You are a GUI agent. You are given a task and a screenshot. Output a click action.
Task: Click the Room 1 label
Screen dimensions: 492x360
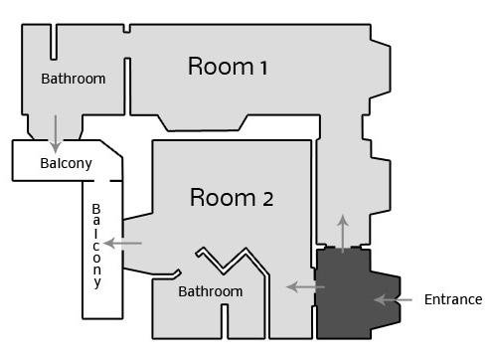228,67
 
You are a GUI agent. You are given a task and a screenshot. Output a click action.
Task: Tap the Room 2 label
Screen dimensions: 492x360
232,198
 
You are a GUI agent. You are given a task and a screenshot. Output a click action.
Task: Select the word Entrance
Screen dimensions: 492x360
453,299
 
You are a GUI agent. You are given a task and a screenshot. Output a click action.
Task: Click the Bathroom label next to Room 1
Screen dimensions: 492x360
74,79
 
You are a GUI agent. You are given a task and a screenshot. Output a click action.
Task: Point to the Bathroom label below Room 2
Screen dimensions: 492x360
211,291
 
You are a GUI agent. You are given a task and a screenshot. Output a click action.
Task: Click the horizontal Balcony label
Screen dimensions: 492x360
66,163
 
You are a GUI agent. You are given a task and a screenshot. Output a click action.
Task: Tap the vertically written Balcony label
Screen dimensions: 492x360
96,246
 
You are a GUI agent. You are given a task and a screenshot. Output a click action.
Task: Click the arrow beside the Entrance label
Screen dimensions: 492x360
393,300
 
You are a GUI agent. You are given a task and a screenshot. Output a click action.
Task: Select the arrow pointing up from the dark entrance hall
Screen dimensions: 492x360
343,234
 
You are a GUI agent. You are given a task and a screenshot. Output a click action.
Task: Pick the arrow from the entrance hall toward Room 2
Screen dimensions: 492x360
305,286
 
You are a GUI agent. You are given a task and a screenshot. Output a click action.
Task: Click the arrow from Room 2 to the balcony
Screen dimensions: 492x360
122,243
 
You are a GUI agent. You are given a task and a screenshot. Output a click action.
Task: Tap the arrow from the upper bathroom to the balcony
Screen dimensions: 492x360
56,134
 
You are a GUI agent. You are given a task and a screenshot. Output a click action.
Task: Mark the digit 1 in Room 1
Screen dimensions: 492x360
263,68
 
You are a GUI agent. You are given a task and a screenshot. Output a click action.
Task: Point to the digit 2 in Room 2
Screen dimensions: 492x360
268,200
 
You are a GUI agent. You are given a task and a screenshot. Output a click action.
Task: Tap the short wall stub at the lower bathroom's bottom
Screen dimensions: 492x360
225,321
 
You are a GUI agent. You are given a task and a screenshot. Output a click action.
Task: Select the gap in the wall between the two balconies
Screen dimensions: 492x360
101,181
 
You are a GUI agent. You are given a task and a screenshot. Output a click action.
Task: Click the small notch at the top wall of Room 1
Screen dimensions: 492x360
126,29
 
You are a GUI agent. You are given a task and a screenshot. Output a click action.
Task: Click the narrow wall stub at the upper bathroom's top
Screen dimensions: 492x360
54,42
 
